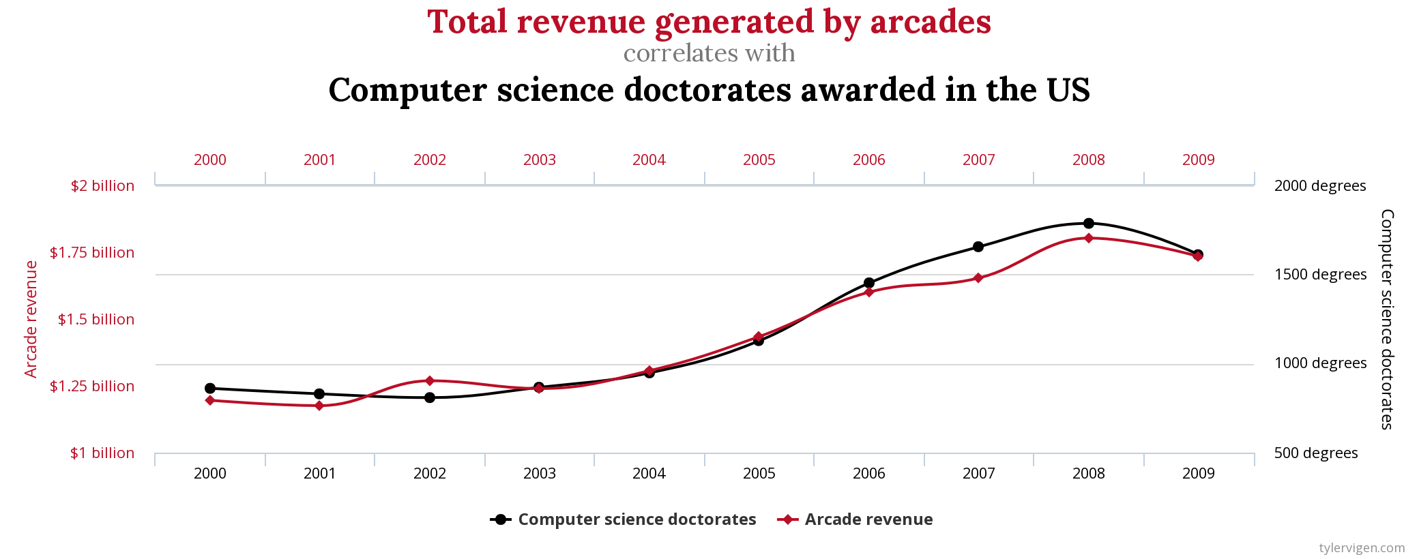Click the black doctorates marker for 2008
click(1089, 224)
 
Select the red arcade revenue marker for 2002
click(430, 380)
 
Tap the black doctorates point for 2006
click(869, 283)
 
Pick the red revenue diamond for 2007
click(978, 278)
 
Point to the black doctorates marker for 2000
click(210, 389)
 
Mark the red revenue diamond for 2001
click(319, 406)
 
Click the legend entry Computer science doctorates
click(637, 519)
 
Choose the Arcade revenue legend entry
click(868, 519)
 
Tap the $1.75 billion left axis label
click(92, 253)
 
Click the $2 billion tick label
click(102, 186)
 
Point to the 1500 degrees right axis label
click(1320, 275)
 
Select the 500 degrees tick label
click(1316, 453)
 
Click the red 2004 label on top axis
click(649, 160)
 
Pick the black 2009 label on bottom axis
click(1199, 474)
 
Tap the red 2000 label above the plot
click(210, 160)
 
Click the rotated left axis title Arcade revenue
click(31, 319)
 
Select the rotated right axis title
click(1387, 319)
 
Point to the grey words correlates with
click(709, 53)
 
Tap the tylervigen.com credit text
click(1362, 548)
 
